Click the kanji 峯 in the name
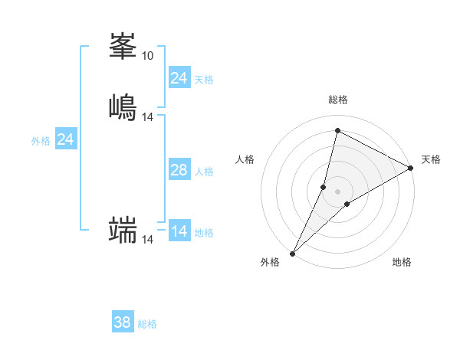(x=123, y=47)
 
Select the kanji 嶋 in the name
(x=123, y=106)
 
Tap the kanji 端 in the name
(x=123, y=229)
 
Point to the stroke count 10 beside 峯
(x=147, y=56)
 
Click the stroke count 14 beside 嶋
(x=148, y=116)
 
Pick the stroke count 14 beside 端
(x=148, y=240)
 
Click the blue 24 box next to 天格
(x=179, y=78)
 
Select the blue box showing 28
(x=179, y=170)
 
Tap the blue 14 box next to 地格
(x=179, y=231)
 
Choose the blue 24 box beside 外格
(x=66, y=139)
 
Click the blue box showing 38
(x=122, y=322)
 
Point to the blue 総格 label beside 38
(x=147, y=324)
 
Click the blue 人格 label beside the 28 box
(x=204, y=172)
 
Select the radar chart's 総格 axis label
(x=338, y=100)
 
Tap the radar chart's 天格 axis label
(x=431, y=159)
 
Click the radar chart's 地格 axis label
(x=402, y=263)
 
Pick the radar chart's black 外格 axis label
(x=270, y=263)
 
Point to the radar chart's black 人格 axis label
(x=245, y=159)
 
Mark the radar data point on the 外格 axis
(x=292, y=253)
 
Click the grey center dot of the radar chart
(x=337, y=191)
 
